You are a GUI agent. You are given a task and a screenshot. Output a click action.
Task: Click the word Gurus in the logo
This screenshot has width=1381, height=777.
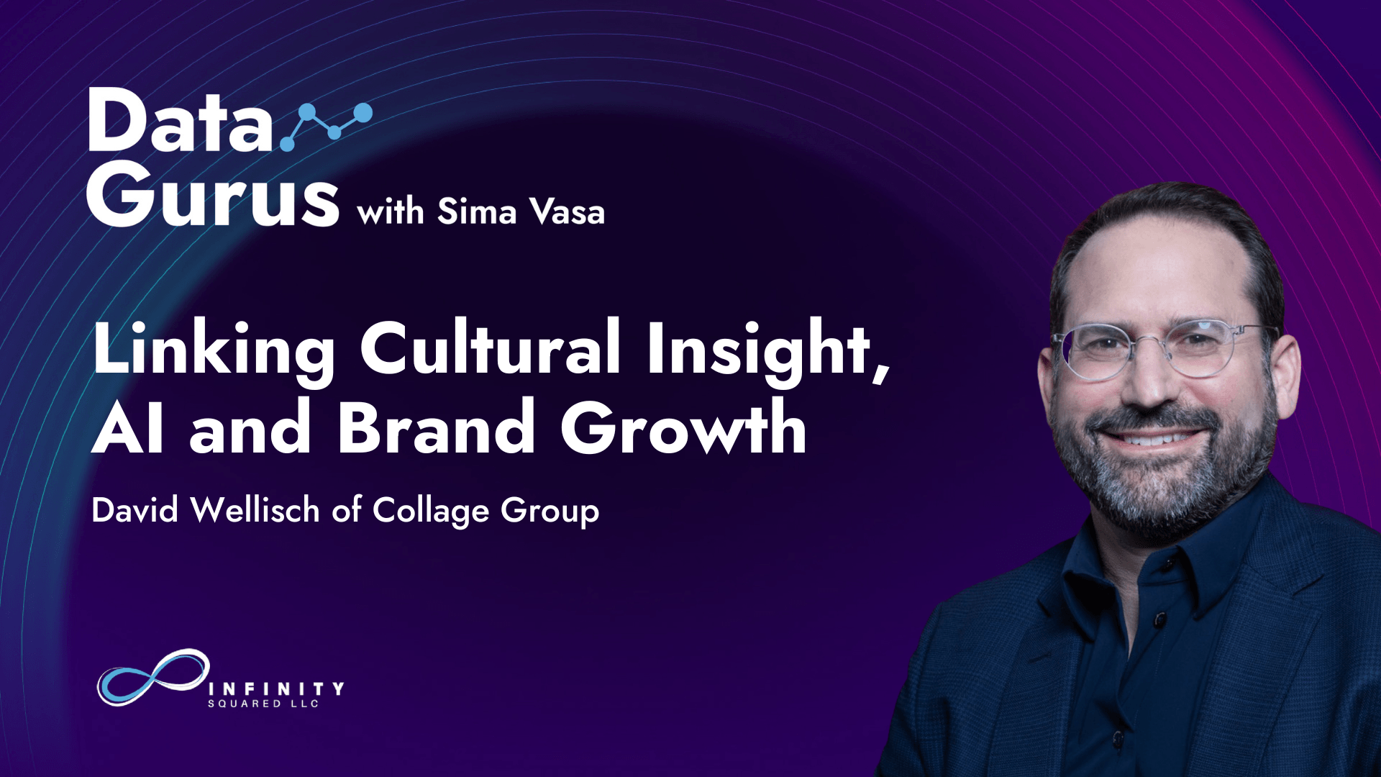click(213, 192)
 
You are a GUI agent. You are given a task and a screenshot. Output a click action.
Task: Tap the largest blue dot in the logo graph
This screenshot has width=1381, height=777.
click(363, 113)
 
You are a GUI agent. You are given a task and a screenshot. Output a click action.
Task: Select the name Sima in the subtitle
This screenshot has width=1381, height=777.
click(477, 212)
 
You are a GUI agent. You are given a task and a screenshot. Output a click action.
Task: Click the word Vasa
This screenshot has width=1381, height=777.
click(567, 212)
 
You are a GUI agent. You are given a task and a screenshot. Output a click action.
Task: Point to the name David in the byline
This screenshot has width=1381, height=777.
click(135, 510)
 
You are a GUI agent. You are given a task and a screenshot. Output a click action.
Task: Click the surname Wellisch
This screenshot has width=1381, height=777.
click(255, 510)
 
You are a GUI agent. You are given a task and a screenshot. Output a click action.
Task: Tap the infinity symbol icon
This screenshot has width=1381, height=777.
click(153, 677)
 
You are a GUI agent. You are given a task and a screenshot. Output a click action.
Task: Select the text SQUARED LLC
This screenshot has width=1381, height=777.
click(263, 704)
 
